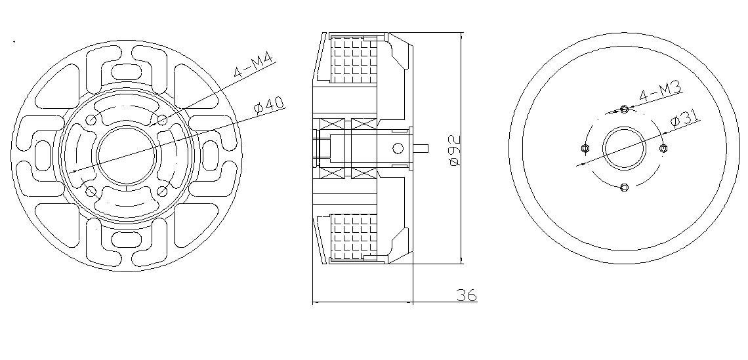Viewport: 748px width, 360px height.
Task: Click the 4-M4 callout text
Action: pos(253,66)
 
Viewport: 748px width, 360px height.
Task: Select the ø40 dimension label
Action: pos(269,106)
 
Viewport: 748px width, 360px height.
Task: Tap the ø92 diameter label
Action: pos(455,150)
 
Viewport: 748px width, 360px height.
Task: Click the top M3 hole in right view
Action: pos(625,110)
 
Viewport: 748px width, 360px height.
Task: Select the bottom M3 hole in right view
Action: pos(625,187)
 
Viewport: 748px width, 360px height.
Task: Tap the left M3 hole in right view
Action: pos(585,148)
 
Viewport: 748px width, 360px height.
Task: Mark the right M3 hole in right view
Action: pos(663,148)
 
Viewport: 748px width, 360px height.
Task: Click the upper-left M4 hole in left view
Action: pos(91,120)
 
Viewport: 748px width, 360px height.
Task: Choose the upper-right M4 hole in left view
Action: pos(162,120)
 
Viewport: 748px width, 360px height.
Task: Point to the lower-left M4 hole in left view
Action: pos(91,191)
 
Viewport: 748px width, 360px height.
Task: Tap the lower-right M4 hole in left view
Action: pos(162,191)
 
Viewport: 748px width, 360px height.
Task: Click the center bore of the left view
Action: pos(127,155)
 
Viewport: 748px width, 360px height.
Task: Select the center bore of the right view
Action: pos(625,148)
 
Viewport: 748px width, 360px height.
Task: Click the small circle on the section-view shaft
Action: pos(398,148)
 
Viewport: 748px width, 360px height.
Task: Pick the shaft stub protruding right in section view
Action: pos(421,148)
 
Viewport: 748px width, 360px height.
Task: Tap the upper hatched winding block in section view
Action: pos(354,60)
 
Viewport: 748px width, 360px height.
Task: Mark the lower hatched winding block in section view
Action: pos(354,237)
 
